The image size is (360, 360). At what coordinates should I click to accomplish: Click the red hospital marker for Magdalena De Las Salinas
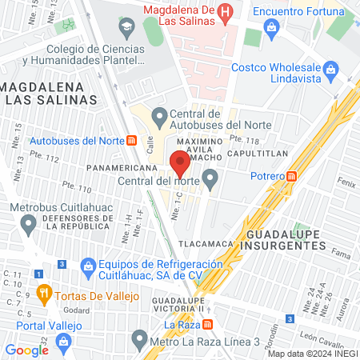(226, 12)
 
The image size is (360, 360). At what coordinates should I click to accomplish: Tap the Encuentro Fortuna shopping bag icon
(272, 27)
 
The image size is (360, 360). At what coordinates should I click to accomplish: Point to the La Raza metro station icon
(207, 325)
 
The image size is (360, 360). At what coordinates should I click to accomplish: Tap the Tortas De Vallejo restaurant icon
(44, 294)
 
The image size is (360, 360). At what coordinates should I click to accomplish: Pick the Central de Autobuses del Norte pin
(159, 116)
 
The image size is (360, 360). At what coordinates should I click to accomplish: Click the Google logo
(27, 350)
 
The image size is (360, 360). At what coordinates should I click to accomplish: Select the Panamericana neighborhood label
(120, 169)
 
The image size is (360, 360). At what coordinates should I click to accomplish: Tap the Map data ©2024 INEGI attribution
(312, 354)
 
